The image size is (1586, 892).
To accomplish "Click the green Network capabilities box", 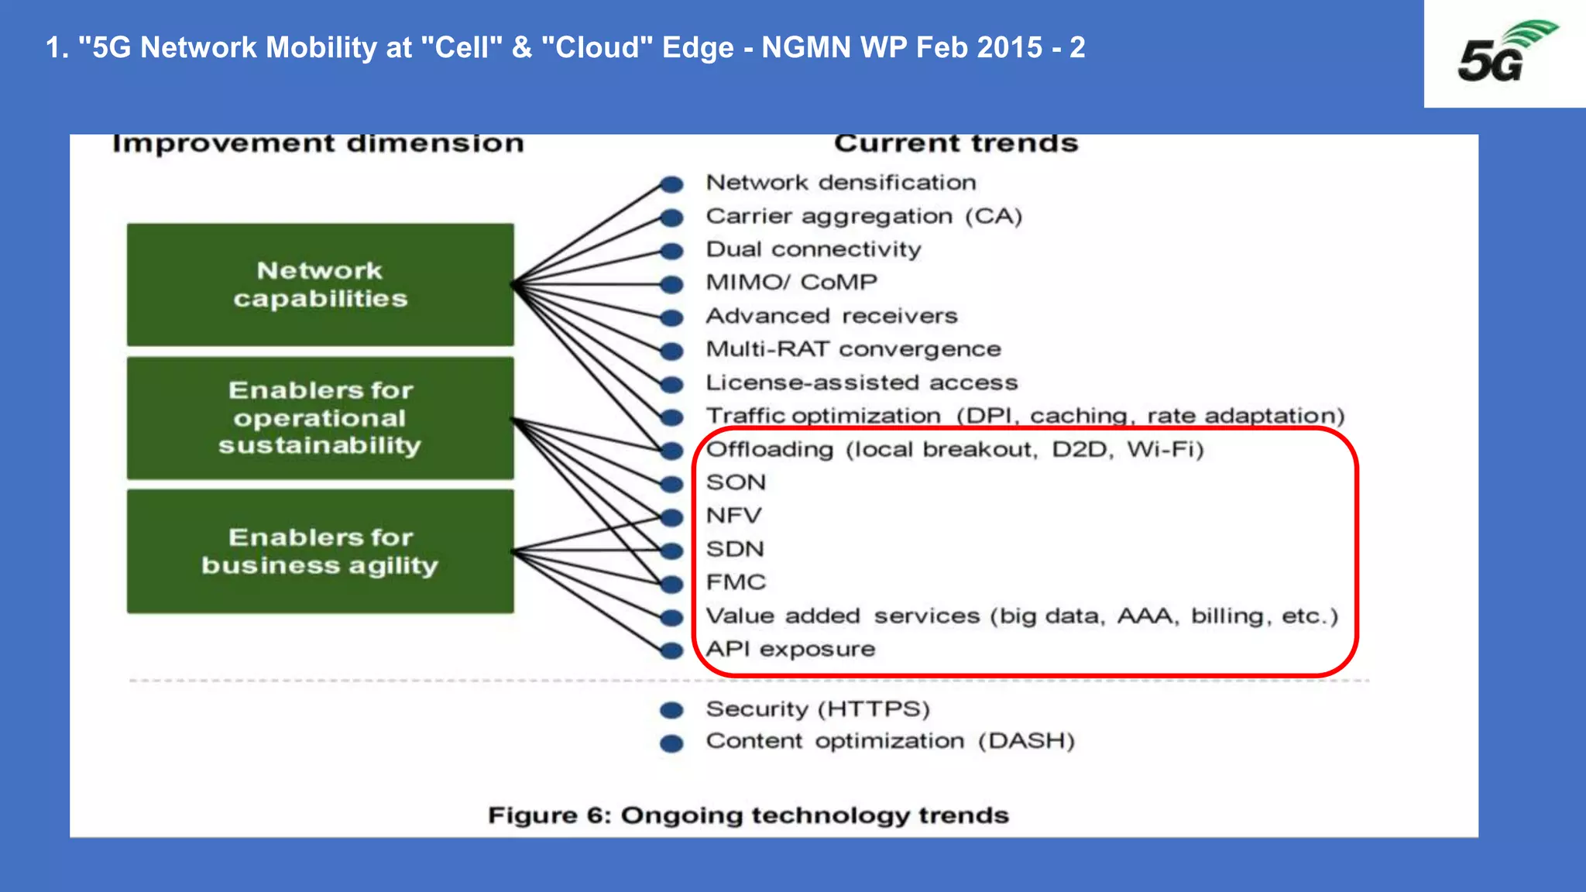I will tap(320, 284).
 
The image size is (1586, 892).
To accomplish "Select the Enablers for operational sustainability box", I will tap(320, 418).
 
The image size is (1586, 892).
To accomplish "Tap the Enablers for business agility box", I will tap(320, 551).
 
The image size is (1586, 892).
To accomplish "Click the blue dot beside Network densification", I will tap(671, 184).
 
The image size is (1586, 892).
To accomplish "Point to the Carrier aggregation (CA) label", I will tap(863, 216).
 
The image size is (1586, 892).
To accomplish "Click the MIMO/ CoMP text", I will tap(791, 283).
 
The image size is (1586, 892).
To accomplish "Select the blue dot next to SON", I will tap(671, 484).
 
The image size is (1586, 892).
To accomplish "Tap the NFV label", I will tap(733, 516).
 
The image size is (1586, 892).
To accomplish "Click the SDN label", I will tap(735, 549).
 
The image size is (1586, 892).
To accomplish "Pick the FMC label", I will tap(736, 582).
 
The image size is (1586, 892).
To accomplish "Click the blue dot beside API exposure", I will tap(671, 650).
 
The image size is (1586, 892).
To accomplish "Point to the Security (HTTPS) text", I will tap(818, 709).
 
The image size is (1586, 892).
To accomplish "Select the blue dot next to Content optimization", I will tap(671, 743).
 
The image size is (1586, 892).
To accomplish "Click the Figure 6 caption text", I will tap(748, 815).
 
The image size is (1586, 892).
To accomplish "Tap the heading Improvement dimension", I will tap(318, 144).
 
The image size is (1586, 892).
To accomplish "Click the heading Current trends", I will tap(956, 144).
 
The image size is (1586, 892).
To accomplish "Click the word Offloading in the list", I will tap(770, 450).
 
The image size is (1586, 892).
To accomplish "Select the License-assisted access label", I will tap(861, 383).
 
